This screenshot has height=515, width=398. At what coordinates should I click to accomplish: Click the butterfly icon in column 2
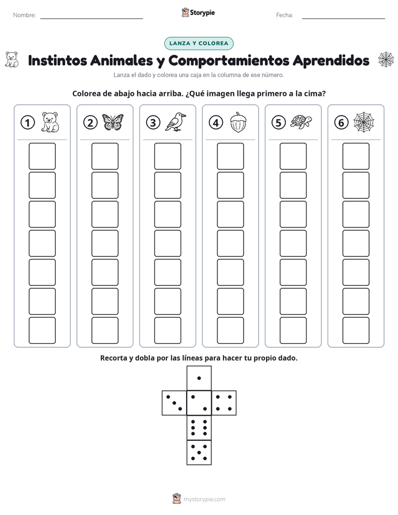click(113, 122)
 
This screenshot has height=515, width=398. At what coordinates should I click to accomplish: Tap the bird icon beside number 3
click(176, 122)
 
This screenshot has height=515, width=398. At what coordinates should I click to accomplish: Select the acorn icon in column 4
click(238, 122)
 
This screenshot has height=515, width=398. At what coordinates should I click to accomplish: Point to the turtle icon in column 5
click(301, 122)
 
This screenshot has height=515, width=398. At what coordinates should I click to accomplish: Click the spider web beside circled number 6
click(364, 122)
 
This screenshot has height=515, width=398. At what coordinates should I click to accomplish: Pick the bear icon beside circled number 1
click(50, 122)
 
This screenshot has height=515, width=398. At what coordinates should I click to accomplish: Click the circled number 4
click(216, 123)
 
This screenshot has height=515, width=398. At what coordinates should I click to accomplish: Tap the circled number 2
click(90, 123)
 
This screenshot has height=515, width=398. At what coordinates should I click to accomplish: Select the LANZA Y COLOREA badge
click(198, 43)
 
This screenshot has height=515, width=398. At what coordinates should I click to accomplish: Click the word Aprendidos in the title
click(331, 60)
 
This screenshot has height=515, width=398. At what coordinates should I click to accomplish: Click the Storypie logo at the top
click(198, 12)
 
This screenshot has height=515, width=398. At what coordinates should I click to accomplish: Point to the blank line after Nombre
click(91, 18)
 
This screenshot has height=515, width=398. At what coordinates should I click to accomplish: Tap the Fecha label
click(284, 15)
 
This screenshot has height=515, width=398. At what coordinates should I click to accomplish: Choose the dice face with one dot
click(199, 378)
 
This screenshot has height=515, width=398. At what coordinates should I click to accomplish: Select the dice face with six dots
click(199, 427)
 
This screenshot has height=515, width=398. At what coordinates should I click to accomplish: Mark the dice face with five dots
click(199, 453)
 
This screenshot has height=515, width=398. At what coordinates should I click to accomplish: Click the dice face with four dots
click(224, 403)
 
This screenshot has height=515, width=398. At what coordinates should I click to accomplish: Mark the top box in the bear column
click(42, 156)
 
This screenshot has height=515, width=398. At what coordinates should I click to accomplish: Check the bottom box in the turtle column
click(293, 331)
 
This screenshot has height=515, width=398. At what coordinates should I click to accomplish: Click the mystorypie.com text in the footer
click(204, 499)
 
